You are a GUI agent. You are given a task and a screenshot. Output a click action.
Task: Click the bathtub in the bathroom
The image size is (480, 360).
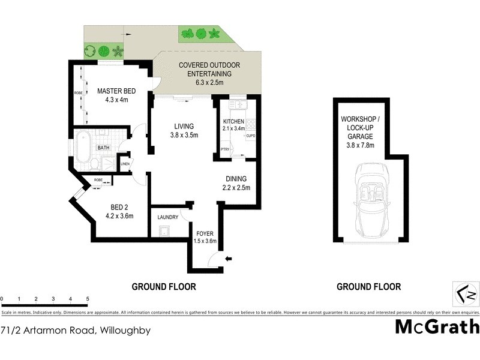[x=82, y=146]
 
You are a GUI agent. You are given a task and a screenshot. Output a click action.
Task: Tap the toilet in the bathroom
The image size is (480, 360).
[x=96, y=164]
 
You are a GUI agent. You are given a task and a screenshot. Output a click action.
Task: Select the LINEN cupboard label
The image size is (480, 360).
[x=125, y=164]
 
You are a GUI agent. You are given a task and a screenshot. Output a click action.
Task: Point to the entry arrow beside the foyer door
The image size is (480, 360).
[x=229, y=259]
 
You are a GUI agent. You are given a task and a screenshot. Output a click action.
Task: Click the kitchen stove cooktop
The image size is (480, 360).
[x=251, y=125]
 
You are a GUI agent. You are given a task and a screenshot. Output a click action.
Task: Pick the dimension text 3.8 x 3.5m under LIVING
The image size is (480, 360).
[x=184, y=135]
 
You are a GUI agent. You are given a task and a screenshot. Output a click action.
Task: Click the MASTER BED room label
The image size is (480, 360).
[x=116, y=91]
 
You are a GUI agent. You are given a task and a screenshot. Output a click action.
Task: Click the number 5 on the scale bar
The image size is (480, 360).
[x=88, y=298]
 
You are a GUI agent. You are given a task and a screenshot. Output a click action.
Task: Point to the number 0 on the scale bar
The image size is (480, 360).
[x=2, y=298]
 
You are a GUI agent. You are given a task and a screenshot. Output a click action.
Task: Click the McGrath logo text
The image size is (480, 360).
[x=437, y=327]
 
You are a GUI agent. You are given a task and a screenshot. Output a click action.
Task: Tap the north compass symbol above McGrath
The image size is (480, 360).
[x=466, y=294]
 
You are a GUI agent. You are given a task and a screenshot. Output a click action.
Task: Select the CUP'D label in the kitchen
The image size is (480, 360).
[x=251, y=136]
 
